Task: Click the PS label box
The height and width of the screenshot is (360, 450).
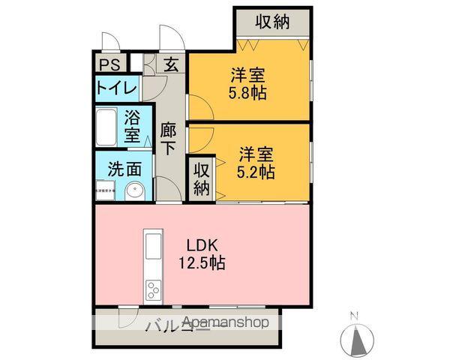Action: [x=110, y=64]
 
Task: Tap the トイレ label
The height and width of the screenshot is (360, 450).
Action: [x=116, y=88]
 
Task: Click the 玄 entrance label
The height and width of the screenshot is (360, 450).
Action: [x=172, y=64]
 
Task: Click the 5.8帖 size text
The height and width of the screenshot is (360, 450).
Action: [x=248, y=94]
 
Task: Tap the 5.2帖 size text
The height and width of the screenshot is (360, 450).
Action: [x=256, y=172]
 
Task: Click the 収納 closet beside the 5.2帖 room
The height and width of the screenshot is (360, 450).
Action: [x=201, y=178]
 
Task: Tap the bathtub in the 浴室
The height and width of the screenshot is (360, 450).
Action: [x=106, y=128]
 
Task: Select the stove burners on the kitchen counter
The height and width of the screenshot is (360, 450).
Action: [x=153, y=288]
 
